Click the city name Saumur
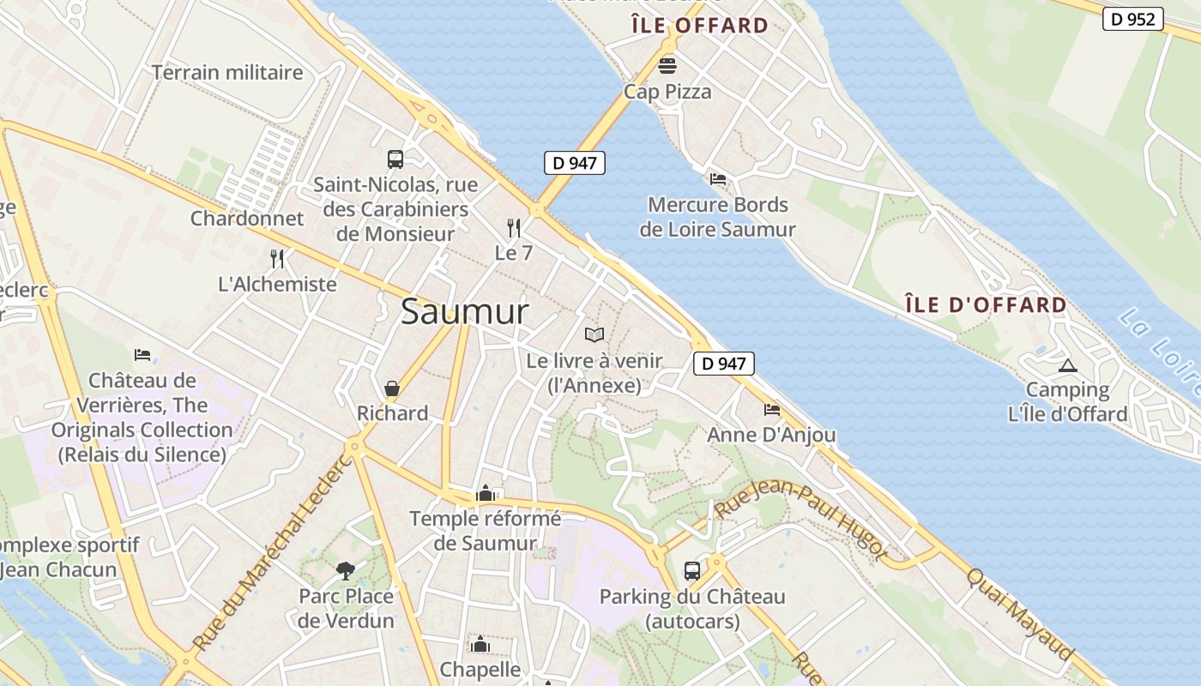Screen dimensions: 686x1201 click(464, 311)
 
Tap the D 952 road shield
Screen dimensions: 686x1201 click(1132, 19)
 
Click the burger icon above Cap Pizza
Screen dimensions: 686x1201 click(667, 65)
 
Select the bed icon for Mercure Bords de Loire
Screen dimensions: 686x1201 click(718, 179)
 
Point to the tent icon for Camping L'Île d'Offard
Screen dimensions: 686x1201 click(1068, 365)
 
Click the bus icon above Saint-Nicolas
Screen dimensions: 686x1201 click(395, 159)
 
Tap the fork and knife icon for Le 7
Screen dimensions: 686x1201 click(514, 227)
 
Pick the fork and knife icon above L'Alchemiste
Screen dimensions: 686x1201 click(277, 258)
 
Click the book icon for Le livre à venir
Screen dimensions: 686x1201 click(594, 334)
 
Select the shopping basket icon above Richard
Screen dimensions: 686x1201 click(392, 388)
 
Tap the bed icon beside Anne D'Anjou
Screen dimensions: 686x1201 click(772, 410)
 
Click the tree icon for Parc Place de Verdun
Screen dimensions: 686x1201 click(346, 570)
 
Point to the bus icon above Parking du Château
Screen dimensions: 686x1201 click(691, 570)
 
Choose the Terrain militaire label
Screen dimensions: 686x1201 click(227, 73)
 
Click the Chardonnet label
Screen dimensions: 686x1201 click(247, 218)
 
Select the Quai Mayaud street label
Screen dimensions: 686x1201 click(1021, 614)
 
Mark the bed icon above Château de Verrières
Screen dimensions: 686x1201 click(142, 355)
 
